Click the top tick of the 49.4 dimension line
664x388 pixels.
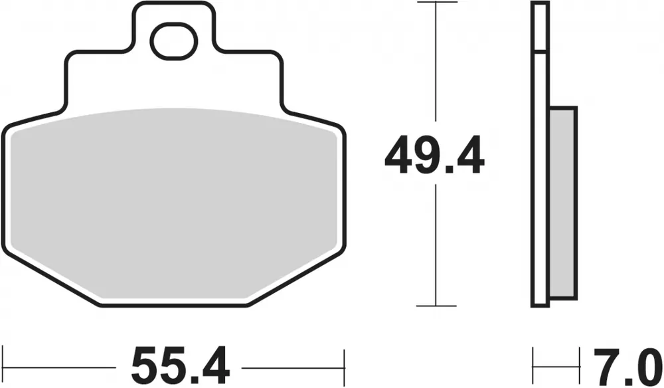436,4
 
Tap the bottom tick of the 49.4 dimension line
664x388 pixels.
436,306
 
